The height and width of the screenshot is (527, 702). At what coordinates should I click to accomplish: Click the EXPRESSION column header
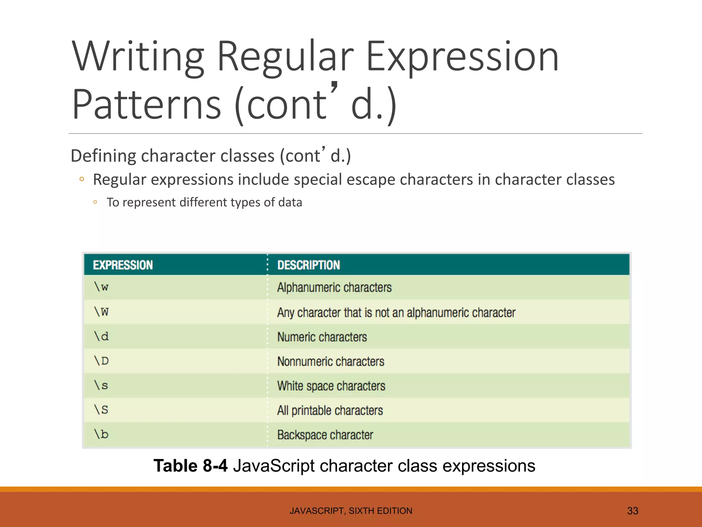point(123,265)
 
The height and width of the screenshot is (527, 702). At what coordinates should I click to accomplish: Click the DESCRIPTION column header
point(308,265)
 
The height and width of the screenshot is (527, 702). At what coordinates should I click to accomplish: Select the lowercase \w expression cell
point(101,287)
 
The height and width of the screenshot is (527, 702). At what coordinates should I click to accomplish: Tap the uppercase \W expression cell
point(101,312)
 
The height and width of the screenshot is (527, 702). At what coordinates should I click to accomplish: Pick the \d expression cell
point(101,336)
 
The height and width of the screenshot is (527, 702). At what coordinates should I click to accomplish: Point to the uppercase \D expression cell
point(101,361)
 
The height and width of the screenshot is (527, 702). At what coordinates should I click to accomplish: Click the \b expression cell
point(101,434)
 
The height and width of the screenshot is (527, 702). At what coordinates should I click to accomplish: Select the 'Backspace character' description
point(325,435)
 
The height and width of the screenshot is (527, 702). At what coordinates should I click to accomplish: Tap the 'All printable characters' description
point(330,410)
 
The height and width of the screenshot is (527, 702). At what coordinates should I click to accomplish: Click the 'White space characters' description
point(331,386)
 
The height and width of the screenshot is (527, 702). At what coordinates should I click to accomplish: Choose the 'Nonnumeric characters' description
point(330,361)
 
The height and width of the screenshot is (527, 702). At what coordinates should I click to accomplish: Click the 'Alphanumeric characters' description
point(334,287)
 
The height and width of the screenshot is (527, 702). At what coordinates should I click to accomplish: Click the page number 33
point(632,511)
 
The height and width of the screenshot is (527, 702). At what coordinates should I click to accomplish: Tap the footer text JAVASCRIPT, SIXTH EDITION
point(351,511)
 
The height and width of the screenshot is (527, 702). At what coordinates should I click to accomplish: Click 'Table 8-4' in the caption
point(191,466)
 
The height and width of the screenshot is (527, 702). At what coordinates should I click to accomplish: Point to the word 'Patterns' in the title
point(147,104)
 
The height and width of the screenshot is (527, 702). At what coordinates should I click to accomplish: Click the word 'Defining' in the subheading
point(104,156)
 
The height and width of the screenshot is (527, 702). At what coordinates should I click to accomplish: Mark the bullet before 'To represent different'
point(95,202)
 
